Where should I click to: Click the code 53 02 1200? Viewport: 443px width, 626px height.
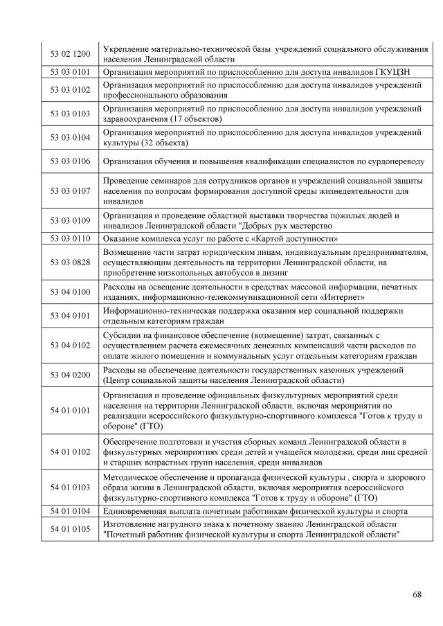coord(70,54)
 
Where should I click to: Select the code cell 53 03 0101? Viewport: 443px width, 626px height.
coord(70,71)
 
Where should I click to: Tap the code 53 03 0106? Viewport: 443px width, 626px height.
coord(70,161)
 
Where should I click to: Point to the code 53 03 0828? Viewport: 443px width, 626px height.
coord(70,262)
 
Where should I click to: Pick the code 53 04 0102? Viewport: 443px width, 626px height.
coord(70,345)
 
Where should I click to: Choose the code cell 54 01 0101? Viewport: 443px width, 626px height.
coord(70,410)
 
